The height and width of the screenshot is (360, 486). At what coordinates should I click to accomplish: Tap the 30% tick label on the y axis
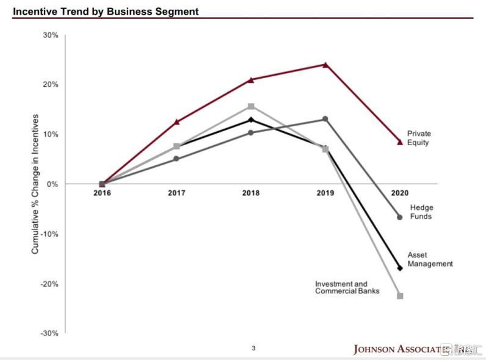[51, 35]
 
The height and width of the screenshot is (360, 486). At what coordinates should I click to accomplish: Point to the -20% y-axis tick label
[49, 284]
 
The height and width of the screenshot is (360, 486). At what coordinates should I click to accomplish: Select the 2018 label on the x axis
[250, 193]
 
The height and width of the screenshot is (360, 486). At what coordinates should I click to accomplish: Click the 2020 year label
[399, 193]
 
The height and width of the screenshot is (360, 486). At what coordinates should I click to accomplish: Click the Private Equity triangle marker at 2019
[325, 64]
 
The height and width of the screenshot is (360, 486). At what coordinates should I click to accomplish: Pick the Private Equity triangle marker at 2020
[400, 142]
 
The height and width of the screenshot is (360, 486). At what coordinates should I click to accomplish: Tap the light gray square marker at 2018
[251, 106]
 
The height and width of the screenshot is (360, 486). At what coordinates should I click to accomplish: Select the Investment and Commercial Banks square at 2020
[400, 296]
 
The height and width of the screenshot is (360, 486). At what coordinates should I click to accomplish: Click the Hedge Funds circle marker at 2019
[325, 119]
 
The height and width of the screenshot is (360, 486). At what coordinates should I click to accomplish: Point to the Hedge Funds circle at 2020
[400, 217]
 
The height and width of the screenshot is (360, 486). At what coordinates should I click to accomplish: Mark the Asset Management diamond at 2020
[400, 268]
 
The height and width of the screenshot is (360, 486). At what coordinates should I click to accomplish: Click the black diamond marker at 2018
[251, 120]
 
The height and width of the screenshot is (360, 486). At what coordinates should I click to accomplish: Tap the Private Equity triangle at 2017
[176, 122]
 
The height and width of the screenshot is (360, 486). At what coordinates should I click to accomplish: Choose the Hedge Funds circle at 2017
[176, 159]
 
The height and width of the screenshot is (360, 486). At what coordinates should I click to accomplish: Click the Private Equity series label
[418, 138]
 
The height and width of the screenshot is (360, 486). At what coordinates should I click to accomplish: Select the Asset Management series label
[430, 259]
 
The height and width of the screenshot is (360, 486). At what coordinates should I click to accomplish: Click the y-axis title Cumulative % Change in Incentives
[35, 184]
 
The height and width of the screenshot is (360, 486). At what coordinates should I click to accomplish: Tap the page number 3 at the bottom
[253, 348]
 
